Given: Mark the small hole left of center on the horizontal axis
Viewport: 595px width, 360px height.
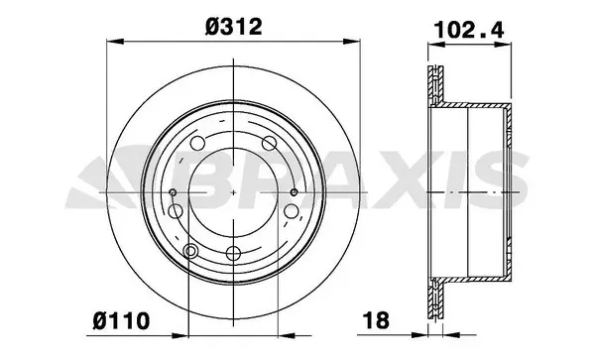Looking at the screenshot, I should [x=172, y=191].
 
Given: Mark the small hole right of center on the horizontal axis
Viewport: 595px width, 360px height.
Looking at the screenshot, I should [x=295, y=191].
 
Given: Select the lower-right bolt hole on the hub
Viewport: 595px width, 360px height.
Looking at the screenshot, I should [x=289, y=211].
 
